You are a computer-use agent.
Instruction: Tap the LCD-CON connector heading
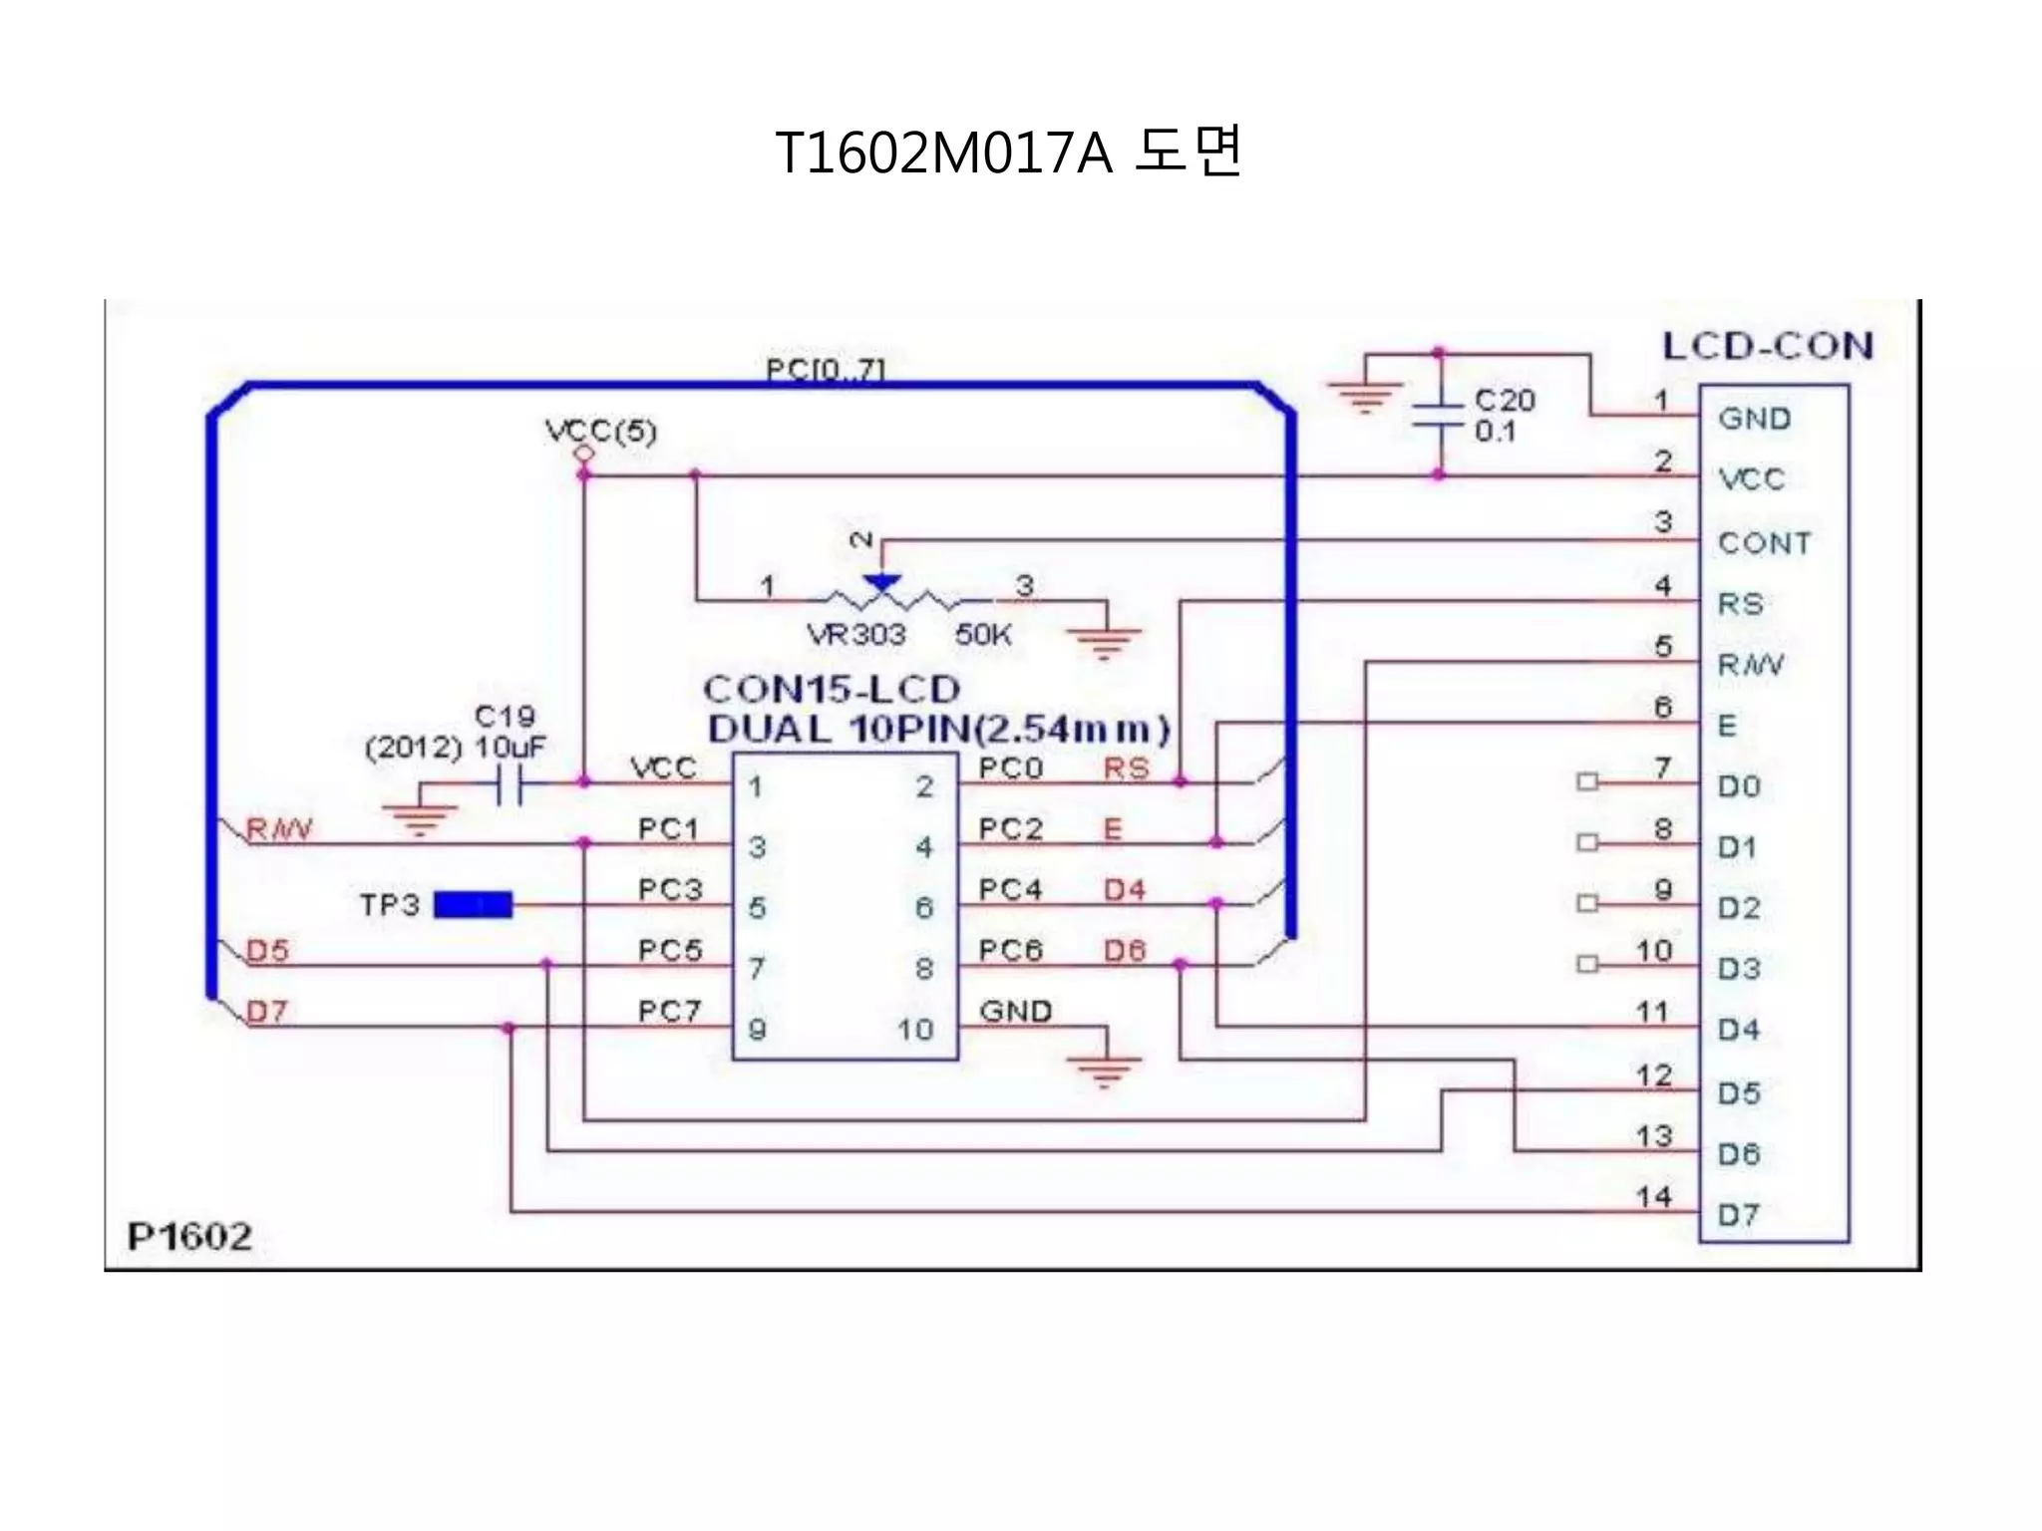[1768, 346]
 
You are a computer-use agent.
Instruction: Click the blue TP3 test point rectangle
[474, 905]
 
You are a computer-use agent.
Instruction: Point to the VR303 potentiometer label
[855, 635]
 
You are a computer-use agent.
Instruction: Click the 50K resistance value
[983, 635]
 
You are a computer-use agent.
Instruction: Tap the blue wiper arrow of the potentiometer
[881, 583]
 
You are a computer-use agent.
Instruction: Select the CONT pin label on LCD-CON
[1764, 543]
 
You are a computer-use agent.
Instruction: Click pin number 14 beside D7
[1653, 1196]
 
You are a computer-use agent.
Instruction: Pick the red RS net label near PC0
[1127, 768]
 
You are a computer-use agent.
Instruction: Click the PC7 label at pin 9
[669, 1012]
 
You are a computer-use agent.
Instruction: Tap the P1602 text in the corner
[189, 1237]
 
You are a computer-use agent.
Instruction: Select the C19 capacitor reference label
[505, 717]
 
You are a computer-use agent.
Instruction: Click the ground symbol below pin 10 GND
[1105, 1070]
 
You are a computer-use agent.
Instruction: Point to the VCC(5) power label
[601, 432]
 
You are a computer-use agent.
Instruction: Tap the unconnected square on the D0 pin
[1586, 782]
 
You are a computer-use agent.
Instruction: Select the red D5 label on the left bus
[267, 951]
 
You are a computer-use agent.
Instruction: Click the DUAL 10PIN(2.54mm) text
[938, 730]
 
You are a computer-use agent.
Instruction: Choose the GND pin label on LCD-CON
[1754, 419]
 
